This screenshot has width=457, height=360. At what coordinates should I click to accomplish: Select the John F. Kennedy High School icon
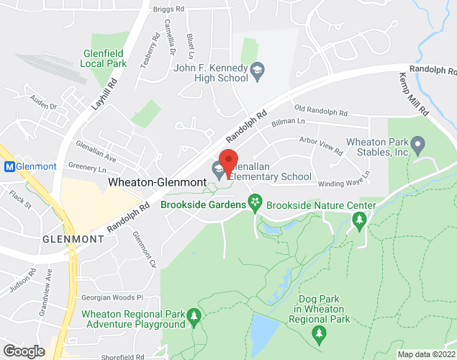pos(256,71)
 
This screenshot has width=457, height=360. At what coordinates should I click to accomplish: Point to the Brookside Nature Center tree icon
pos(358,222)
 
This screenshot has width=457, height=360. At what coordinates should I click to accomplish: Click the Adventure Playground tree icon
pos(193,318)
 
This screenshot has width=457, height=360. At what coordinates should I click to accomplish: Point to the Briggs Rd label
pos(169,9)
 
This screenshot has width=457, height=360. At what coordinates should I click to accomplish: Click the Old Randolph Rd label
pos(321,112)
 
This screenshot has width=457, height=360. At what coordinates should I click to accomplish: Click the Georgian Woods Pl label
pos(113,298)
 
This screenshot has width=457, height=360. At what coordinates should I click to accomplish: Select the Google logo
pos(23,351)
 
